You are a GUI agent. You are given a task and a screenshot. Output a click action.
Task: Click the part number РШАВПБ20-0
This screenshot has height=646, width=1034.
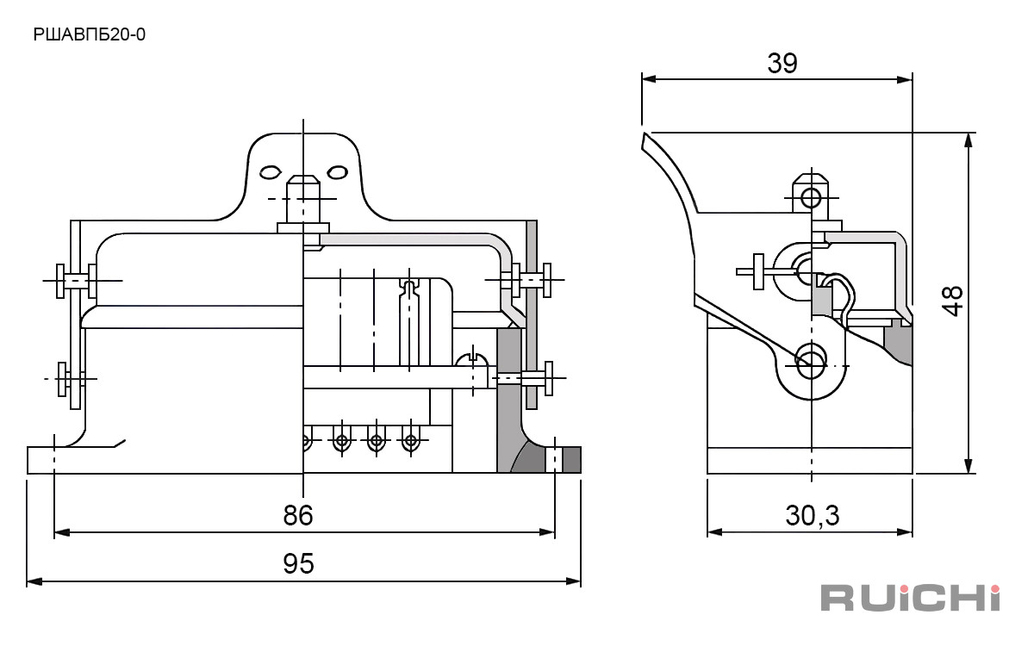(90, 35)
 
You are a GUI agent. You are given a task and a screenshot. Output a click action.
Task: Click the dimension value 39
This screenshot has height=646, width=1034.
(782, 63)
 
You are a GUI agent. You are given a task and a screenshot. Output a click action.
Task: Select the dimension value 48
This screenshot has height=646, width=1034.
(952, 301)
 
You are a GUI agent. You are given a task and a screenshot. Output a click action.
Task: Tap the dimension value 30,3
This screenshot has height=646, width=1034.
(813, 515)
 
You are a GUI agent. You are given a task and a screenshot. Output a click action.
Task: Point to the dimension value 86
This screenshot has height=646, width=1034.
(298, 515)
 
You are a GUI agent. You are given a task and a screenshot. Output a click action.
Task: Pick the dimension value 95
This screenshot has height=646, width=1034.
(298, 564)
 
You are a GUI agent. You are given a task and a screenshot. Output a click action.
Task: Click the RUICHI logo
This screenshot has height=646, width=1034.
(910, 598)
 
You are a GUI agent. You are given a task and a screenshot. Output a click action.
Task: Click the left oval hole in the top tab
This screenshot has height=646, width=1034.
(270, 172)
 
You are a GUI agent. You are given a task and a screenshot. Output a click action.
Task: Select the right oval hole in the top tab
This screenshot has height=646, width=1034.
(338, 172)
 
